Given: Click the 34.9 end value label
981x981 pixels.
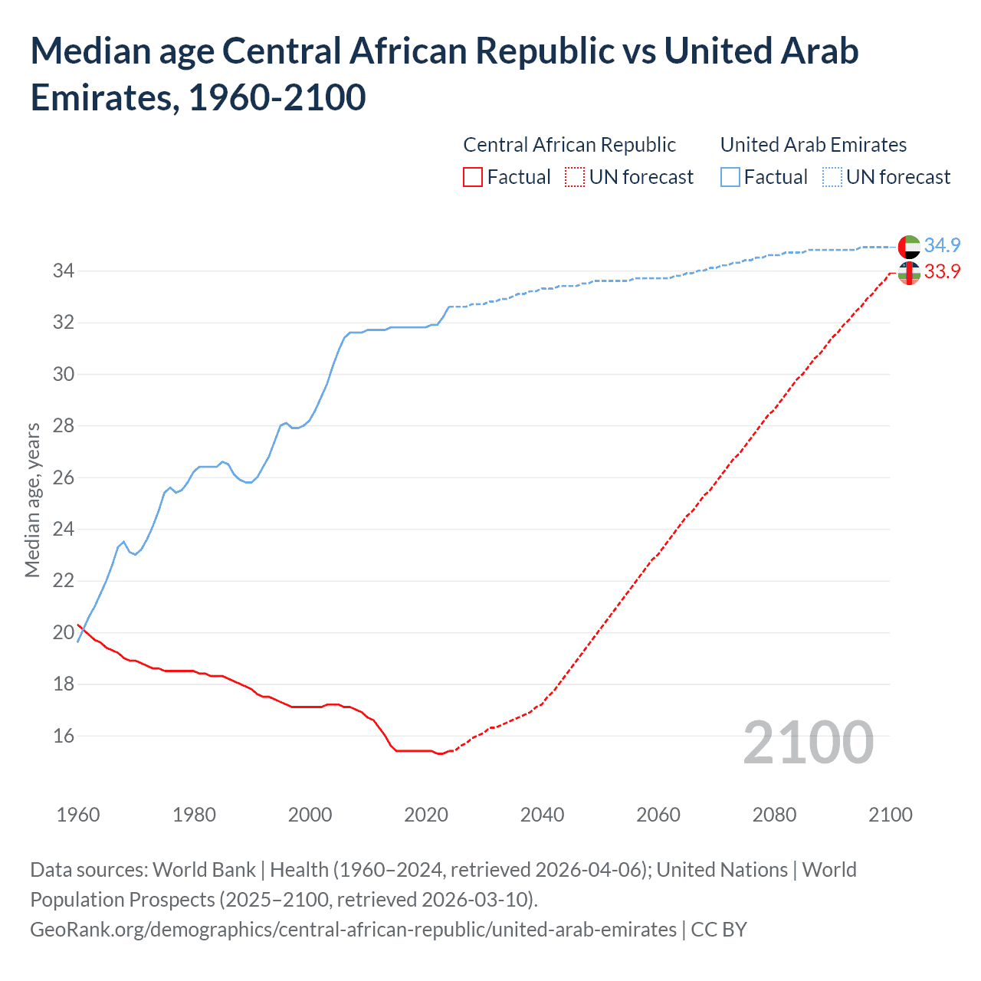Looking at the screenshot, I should (x=942, y=245).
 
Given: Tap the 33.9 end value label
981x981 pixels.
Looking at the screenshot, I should (x=942, y=271).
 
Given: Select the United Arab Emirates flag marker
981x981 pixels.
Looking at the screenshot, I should (x=909, y=247).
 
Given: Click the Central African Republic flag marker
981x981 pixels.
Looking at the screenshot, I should (x=909, y=273).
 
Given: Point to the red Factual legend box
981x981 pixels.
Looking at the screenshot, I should (x=473, y=177).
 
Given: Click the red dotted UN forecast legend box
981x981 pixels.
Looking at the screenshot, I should (x=575, y=177).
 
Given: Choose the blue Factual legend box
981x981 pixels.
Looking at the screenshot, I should (x=730, y=177).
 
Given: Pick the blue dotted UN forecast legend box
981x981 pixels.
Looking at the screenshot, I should (x=832, y=177).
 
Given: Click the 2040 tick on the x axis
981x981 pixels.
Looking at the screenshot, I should (x=542, y=814).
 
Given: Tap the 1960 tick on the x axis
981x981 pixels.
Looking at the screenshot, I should (x=78, y=814).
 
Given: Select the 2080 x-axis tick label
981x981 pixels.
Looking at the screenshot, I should (x=774, y=814).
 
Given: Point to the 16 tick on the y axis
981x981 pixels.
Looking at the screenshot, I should (x=64, y=736).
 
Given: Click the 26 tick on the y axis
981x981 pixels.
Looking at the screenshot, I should (x=64, y=477).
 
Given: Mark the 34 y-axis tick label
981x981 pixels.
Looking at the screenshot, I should (x=64, y=271).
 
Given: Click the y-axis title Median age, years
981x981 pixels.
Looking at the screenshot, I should (x=32, y=500).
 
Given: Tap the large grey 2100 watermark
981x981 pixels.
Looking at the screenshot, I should (x=809, y=743).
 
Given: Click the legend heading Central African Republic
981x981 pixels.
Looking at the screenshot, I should (x=569, y=145).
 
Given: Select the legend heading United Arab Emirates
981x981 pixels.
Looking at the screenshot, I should (x=813, y=145).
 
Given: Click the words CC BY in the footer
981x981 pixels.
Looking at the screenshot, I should (x=719, y=930).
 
